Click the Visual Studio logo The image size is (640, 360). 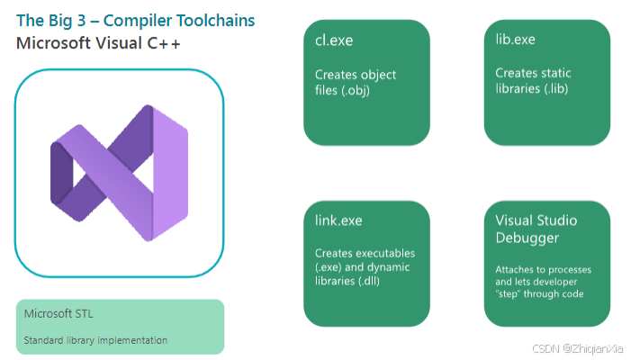pyautogui.click(x=119, y=172)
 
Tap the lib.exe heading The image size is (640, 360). pyautogui.click(x=515, y=40)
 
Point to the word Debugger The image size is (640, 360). pyautogui.click(x=529, y=238)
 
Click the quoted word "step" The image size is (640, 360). pyautogui.click(x=512, y=293)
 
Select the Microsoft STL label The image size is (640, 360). pyautogui.click(x=59, y=314)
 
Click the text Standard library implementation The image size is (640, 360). pyautogui.click(x=95, y=340)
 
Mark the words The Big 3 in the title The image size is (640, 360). pyautogui.click(x=46, y=20)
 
